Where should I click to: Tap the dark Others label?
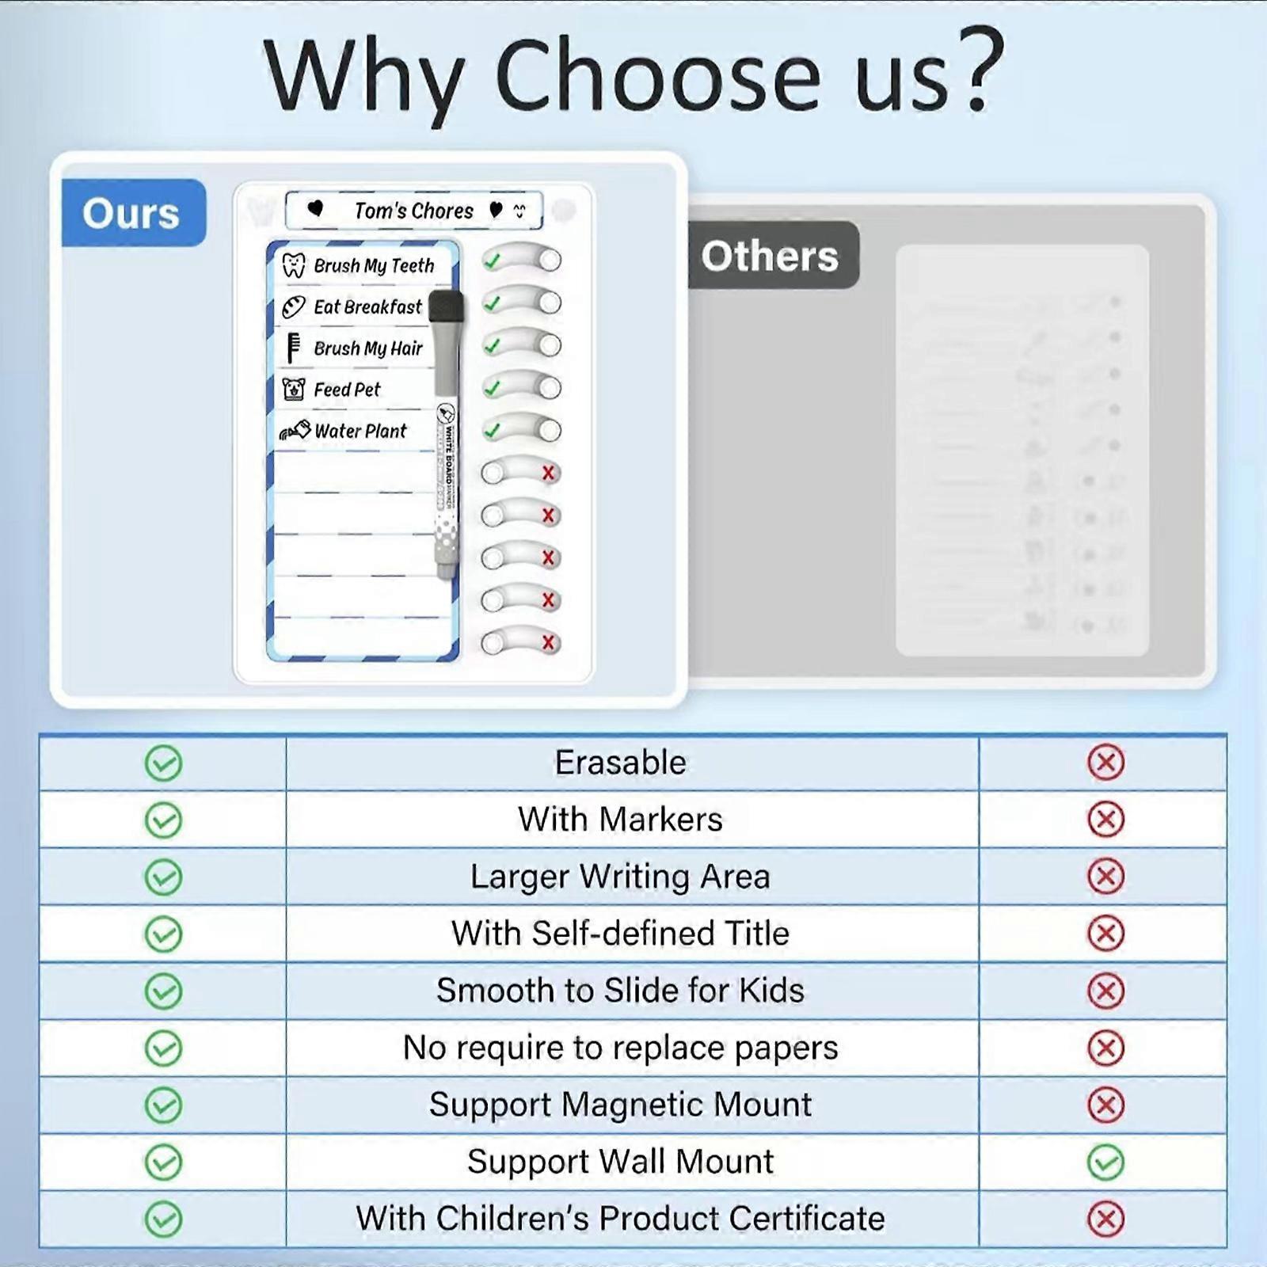pos(770,256)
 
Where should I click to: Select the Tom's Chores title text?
pos(413,211)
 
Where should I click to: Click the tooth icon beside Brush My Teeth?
pos(294,265)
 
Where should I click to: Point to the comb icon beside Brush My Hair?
pos(293,348)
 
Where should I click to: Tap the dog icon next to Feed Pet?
pos(294,389)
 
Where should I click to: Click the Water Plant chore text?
pos(360,431)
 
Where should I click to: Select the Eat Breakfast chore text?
pos(367,306)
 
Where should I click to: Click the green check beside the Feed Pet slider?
pos(493,388)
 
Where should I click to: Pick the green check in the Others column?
pos(1105,1162)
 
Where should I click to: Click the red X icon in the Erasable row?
pos(1105,763)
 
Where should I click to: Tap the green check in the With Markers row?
pos(163,820)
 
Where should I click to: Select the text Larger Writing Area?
pos(620,877)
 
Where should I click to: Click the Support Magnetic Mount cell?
pos(620,1105)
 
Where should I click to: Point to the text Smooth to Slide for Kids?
pos(620,991)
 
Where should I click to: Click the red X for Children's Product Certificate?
pos(1105,1219)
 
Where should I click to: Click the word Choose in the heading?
pos(657,78)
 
